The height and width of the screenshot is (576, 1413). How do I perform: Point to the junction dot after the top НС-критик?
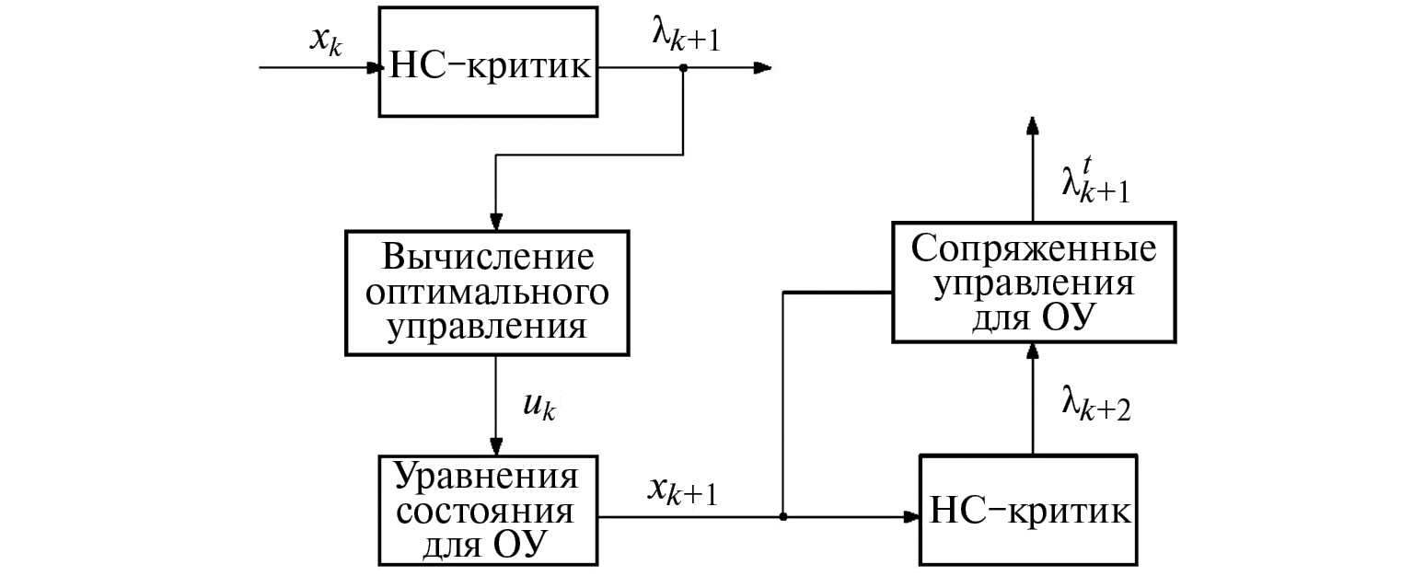(x=682, y=68)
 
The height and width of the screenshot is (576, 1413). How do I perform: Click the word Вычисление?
(x=485, y=258)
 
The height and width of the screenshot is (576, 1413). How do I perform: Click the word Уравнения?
(x=486, y=478)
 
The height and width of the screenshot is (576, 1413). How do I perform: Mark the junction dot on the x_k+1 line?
(x=782, y=516)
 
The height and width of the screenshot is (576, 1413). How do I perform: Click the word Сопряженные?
(x=1032, y=248)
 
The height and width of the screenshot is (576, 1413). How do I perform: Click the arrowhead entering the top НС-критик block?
(x=373, y=68)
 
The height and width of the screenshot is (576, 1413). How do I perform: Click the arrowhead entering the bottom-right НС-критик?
(x=912, y=517)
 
